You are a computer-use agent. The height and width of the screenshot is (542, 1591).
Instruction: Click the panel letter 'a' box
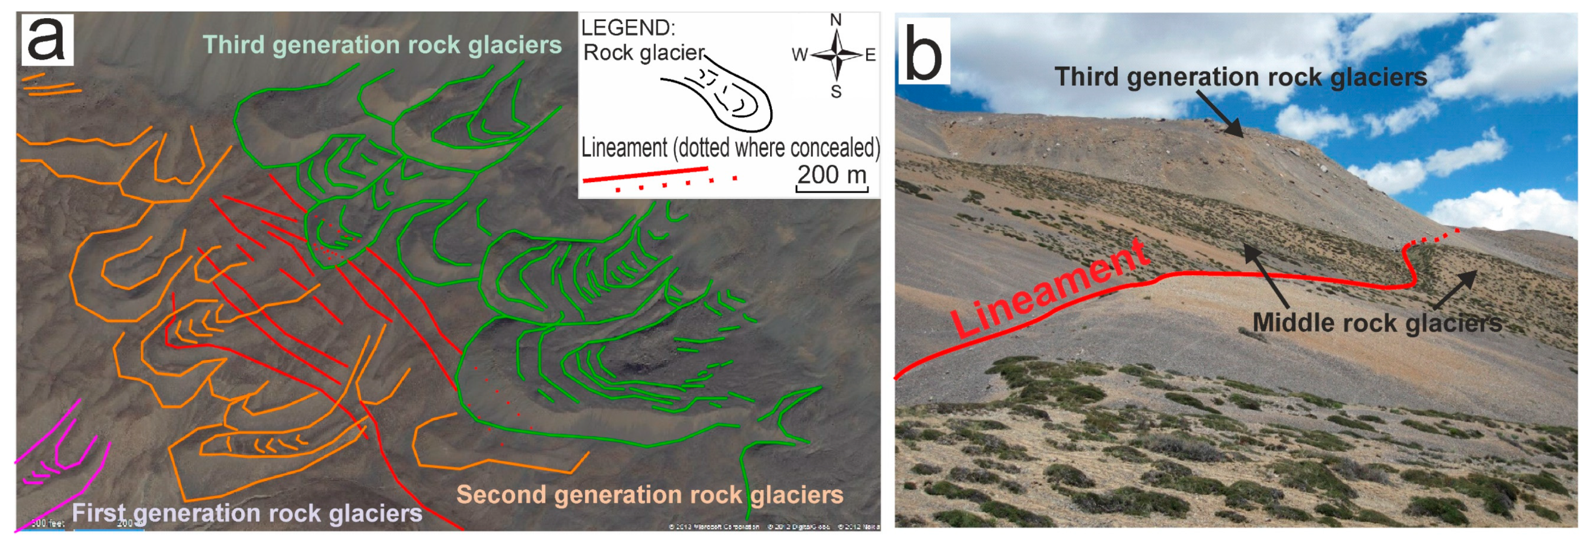(47, 39)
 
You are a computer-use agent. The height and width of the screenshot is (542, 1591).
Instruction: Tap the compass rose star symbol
(835, 55)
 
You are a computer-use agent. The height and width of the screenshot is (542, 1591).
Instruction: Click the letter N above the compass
(835, 21)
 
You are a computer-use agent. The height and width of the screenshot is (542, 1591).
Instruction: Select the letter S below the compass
(835, 92)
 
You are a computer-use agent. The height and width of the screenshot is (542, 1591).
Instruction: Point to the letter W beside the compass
(799, 55)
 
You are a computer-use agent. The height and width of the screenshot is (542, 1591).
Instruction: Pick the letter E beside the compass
(870, 55)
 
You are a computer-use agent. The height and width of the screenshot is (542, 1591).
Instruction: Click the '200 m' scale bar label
(831, 175)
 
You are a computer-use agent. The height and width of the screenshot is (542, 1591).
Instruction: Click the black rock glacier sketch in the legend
(719, 96)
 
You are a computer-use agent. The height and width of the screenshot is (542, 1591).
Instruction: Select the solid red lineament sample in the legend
(646, 174)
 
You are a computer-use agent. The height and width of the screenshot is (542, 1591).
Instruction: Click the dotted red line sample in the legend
(676, 184)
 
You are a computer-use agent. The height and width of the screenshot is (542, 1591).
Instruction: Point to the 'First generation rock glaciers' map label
(247, 513)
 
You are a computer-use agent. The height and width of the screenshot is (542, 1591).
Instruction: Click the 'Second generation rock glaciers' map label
(649, 494)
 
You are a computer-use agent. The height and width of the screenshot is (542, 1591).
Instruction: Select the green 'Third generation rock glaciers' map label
(381, 45)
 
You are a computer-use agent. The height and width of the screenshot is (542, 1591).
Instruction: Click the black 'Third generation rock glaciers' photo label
(1240, 77)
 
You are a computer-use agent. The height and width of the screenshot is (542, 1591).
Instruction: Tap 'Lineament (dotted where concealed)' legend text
(730, 148)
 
